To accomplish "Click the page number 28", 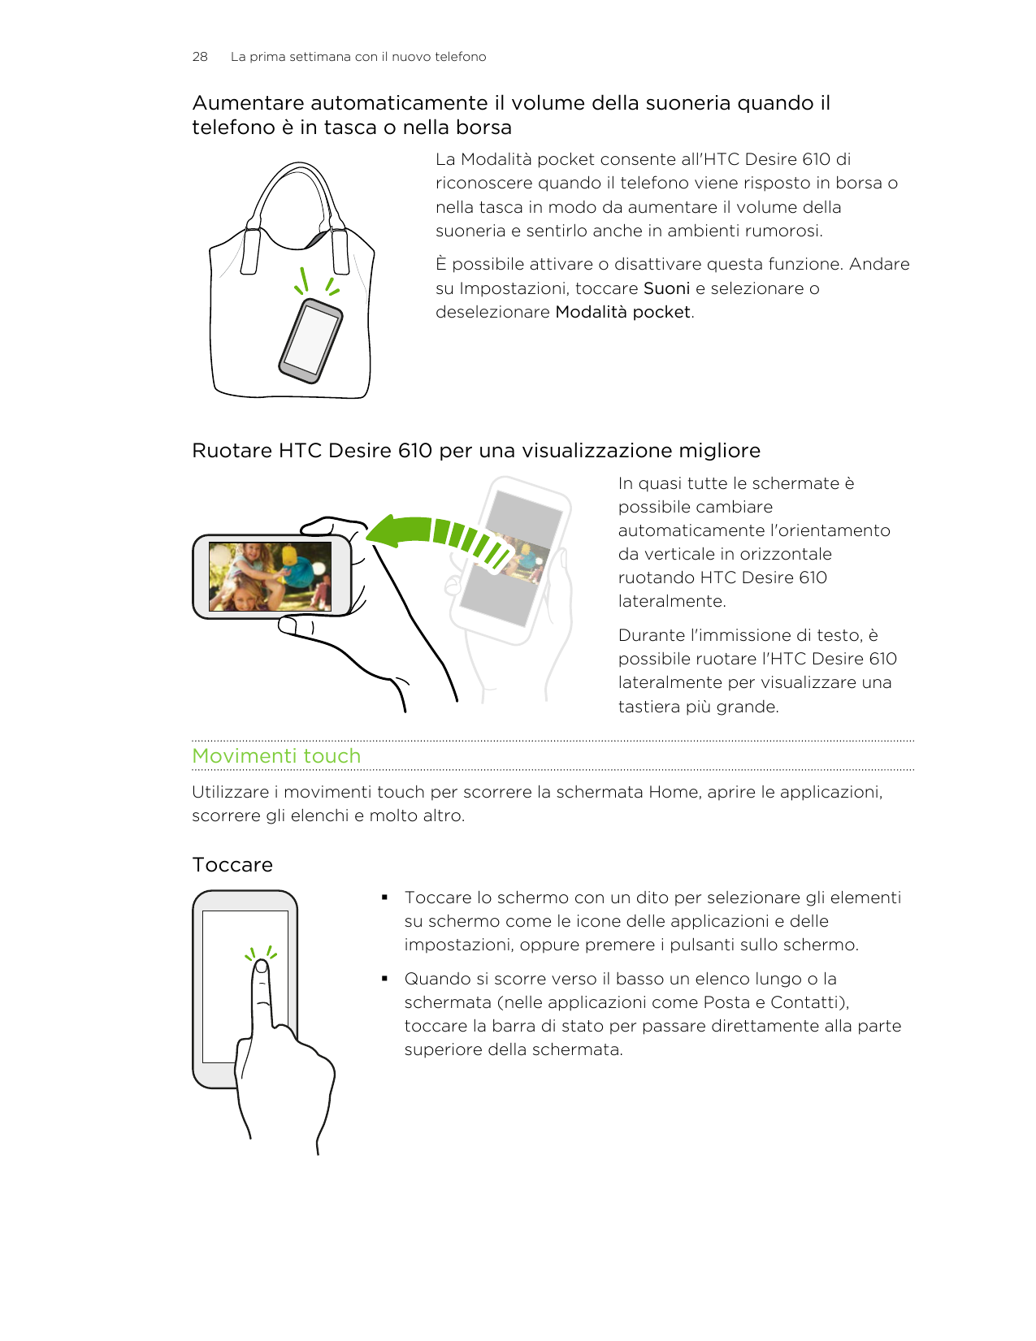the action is pyautogui.click(x=199, y=57).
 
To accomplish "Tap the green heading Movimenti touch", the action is pyautogui.click(x=276, y=755).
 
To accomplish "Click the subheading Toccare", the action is pyautogui.click(x=232, y=864).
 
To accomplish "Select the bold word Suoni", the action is pyautogui.click(x=666, y=288).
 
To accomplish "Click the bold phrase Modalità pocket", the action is pyautogui.click(x=623, y=312).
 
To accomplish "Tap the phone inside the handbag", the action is pyautogui.click(x=310, y=340).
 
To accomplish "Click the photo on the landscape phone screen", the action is pyautogui.click(x=270, y=577).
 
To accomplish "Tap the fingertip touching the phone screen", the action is pyautogui.click(x=261, y=967).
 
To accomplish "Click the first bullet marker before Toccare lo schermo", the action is pyautogui.click(x=384, y=898).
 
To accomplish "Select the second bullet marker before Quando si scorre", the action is pyautogui.click(x=384, y=979).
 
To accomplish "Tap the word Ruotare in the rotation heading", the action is pyautogui.click(x=232, y=451).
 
